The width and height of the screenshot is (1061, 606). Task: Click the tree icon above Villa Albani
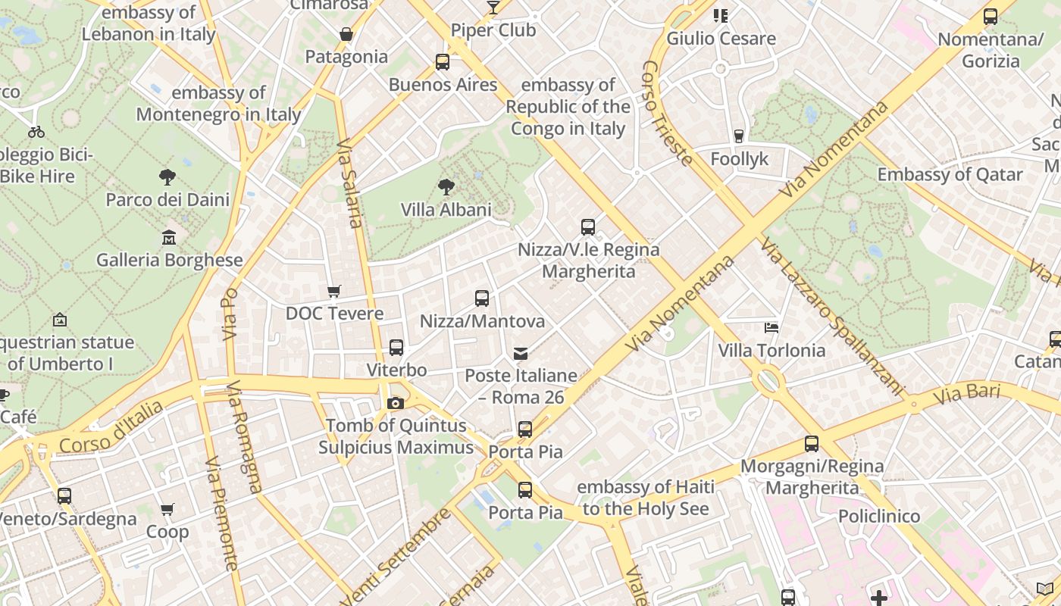click(446, 186)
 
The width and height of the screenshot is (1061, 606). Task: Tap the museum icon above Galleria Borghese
click(169, 238)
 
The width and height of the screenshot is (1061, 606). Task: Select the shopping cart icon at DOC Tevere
click(333, 291)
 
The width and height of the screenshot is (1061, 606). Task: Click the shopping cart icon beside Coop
click(167, 509)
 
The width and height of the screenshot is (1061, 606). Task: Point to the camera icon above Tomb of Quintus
click(395, 403)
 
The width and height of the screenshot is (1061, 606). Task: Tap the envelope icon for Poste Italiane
click(521, 353)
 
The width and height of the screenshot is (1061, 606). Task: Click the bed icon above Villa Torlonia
click(771, 328)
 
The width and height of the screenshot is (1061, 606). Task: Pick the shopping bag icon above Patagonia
click(346, 34)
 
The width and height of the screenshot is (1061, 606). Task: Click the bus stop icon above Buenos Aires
click(443, 62)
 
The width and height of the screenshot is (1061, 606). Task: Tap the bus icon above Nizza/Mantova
click(482, 298)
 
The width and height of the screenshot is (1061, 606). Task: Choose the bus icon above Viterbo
click(396, 348)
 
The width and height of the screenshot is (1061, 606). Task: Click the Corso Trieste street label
click(667, 114)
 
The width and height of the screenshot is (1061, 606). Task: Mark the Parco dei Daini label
click(167, 200)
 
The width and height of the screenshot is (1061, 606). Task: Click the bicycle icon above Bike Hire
click(36, 132)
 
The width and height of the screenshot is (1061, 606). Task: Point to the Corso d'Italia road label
click(111, 427)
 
